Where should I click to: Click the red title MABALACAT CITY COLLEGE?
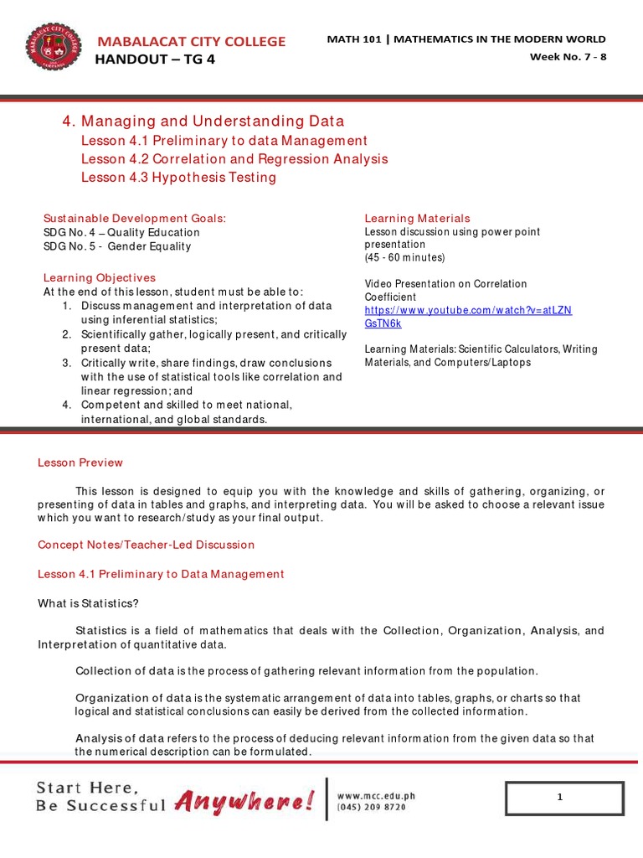192,41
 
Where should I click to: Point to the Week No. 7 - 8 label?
568,57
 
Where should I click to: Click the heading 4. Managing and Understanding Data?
203,121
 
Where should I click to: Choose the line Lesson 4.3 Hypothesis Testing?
178,178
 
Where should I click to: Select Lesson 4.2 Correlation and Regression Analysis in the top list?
234,158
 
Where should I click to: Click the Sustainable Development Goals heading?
135,218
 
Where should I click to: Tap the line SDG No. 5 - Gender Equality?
117,246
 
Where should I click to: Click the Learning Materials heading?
417,218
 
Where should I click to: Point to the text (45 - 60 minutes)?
404,257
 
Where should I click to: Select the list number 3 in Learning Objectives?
66,363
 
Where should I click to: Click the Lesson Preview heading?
80,463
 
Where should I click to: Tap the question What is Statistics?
89,603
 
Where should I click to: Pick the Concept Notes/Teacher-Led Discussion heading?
146,545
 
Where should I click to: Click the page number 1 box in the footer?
564,799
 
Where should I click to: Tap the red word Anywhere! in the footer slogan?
245,802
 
